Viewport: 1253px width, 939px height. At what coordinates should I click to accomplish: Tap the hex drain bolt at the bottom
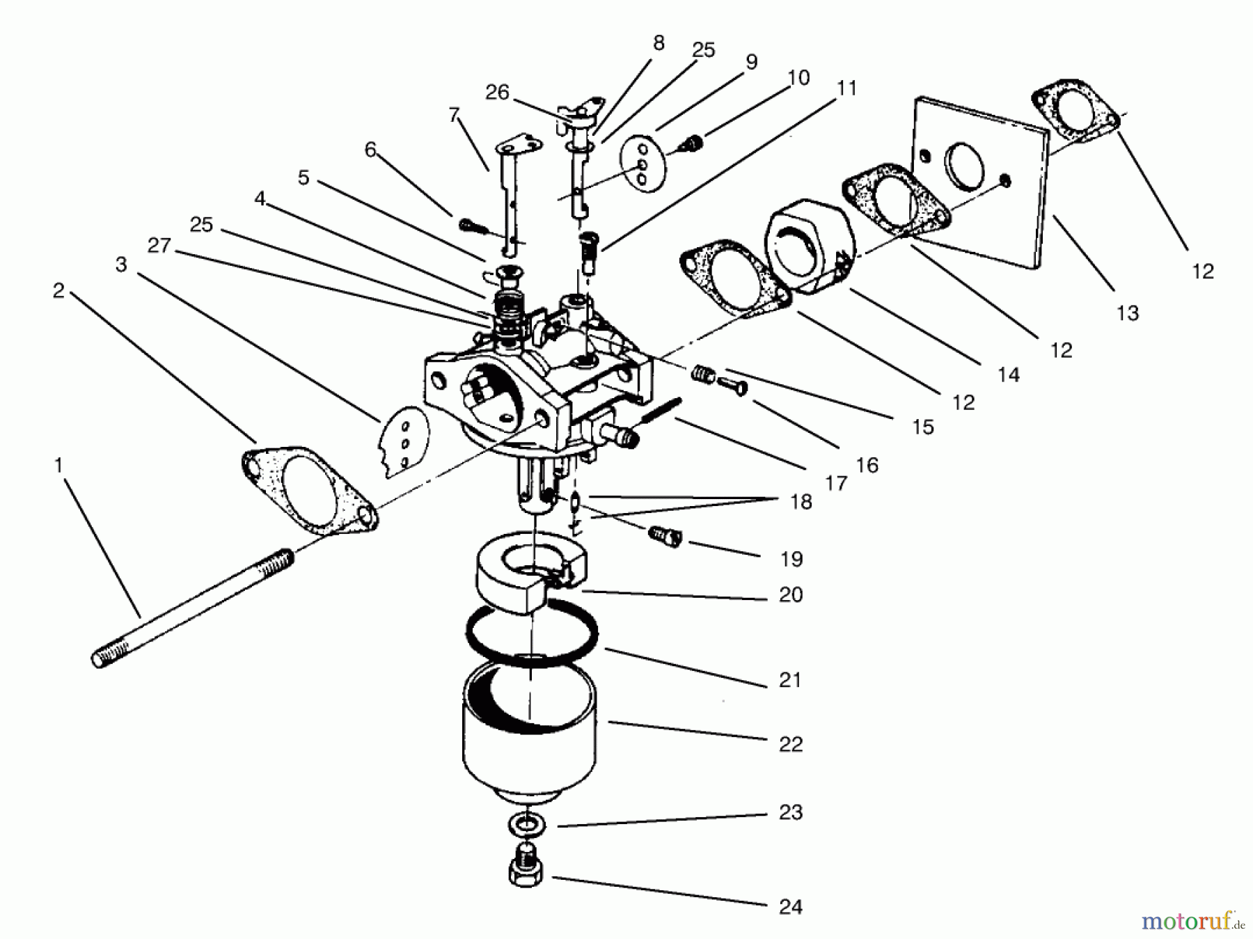pos(527,869)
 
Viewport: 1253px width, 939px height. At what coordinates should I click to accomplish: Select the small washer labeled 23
pos(527,825)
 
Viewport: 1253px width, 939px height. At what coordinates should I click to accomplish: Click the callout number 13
pos(1127,313)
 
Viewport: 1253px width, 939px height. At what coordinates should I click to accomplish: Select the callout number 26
pos(497,93)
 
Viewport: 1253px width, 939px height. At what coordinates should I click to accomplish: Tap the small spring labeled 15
pos(704,375)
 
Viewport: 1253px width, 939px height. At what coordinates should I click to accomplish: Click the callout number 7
pos(455,115)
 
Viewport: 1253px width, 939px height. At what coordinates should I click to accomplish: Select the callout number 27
pos(159,246)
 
